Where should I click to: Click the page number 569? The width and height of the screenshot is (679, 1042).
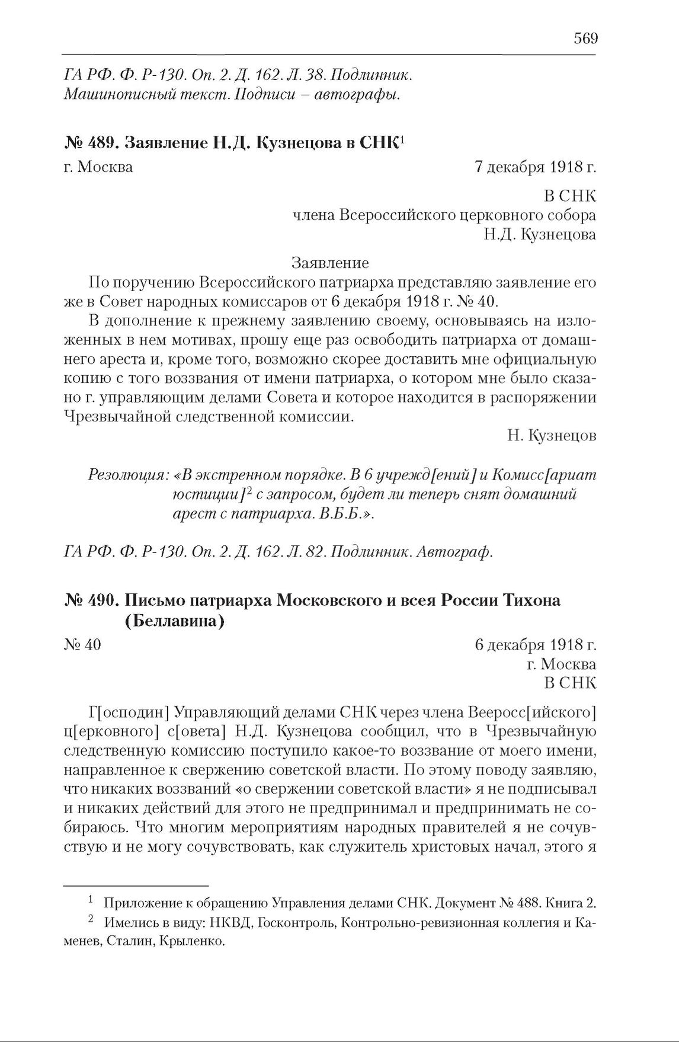click(585, 39)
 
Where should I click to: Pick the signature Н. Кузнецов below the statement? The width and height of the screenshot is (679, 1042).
click(551, 436)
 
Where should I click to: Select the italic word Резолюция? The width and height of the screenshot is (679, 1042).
click(126, 475)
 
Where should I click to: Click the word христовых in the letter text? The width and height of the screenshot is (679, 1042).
click(458, 848)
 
